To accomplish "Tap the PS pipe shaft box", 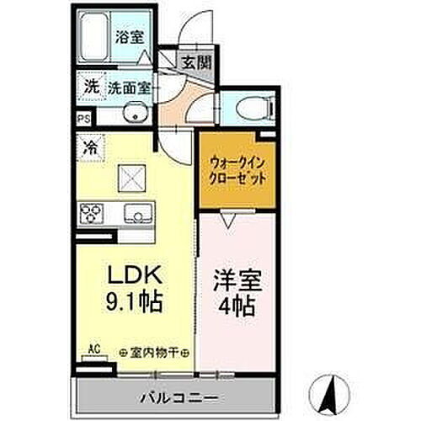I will (83, 120).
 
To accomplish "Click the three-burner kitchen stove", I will (93, 212).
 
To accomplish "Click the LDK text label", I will (131, 277).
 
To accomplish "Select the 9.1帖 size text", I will (131, 301).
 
